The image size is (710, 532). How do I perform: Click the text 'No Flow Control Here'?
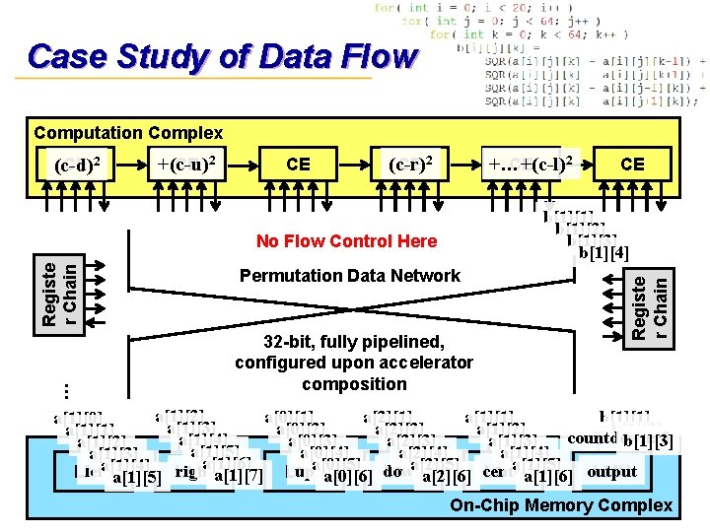click(346, 240)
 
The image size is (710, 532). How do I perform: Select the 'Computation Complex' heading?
click(128, 132)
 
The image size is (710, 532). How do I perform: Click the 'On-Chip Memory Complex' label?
click(560, 506)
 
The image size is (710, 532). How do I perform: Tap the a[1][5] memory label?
click(137, 478)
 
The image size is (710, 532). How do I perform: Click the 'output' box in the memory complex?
click(611, 472)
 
